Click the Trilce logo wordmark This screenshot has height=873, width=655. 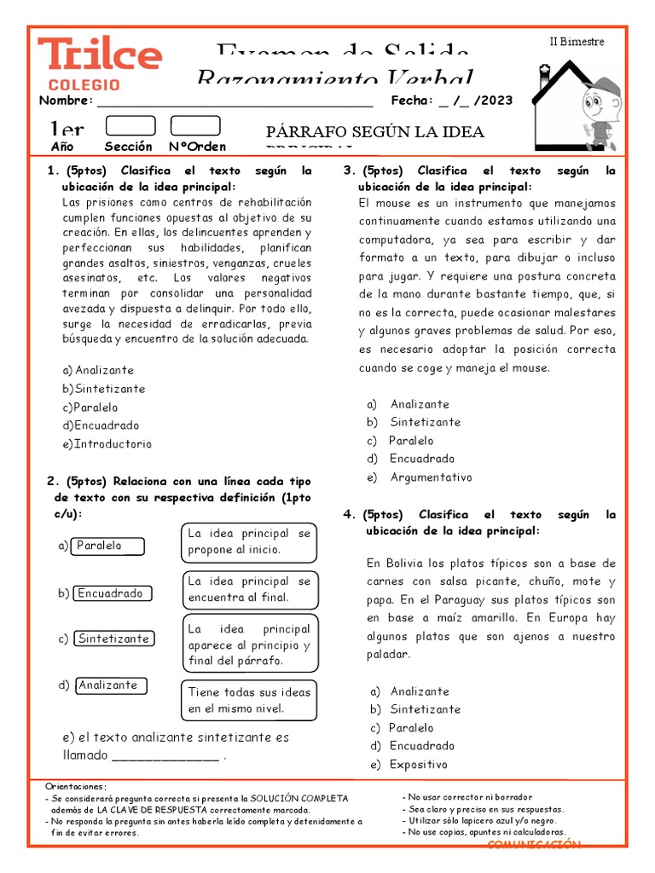(99, 55)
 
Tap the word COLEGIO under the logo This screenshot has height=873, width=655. (84, 85)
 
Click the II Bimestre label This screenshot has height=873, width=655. (576, 42)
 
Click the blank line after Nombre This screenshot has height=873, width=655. (235, 101)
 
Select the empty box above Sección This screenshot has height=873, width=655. (130, 126)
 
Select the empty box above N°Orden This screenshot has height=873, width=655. (194, 126)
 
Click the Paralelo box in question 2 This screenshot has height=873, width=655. (107, 546)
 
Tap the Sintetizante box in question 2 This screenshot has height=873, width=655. (114, 639)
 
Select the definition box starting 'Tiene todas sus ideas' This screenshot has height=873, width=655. (249, 700)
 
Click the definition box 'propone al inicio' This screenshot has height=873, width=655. (249, 541)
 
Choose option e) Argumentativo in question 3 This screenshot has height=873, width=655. (431, 477)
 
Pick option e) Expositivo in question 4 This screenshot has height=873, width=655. (419, 765)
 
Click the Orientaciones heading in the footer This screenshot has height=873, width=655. (77, 786)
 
